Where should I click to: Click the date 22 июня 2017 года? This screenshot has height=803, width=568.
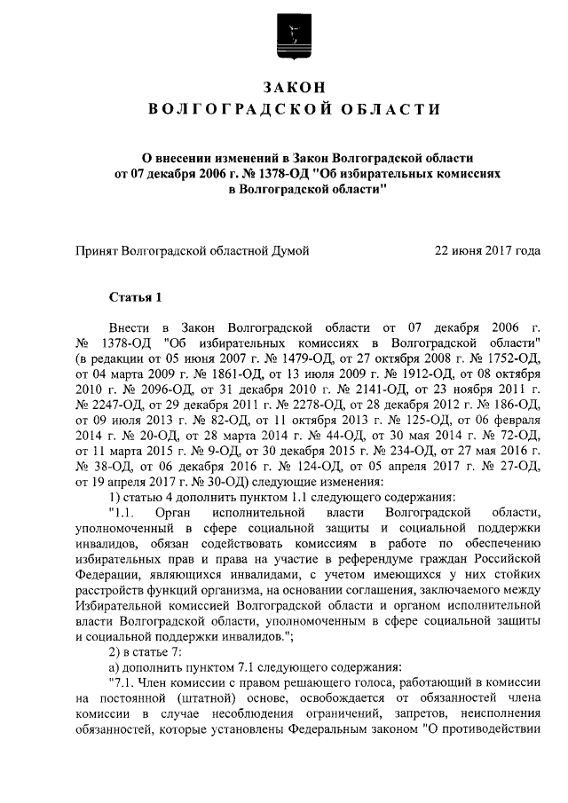click(486, 251)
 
